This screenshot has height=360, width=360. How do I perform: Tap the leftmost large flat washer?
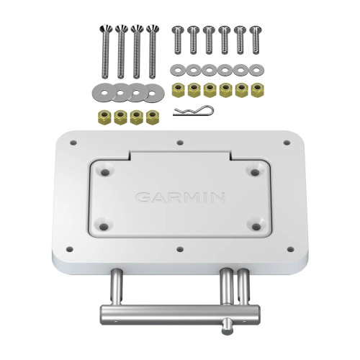point(101,93)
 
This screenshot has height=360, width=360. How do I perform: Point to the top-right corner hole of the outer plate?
point(284,142)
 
